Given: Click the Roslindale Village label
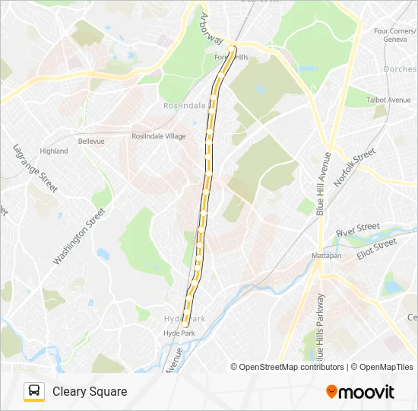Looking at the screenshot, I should [x=158, y=136].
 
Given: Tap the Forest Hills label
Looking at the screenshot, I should [x=231, y=57].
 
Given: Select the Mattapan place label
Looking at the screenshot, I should [x=327, y=256].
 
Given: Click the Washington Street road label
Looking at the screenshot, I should [x=78, y=236].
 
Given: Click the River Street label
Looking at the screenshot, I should [x=357, y=228].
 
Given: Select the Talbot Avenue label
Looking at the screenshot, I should [x=388, y=100].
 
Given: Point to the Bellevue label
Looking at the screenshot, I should [x=90, y=141].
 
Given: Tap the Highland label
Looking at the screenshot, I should [x=54, y=151].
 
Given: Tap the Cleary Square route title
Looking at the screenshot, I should [x=90, y=391].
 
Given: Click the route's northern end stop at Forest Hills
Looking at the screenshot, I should [x=232, y=49].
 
